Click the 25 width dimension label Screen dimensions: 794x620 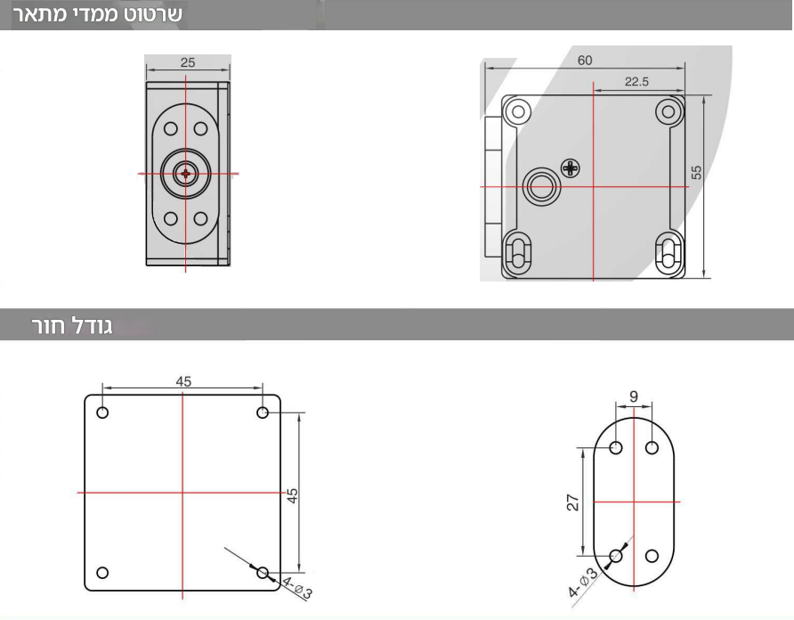(x=187, y=62)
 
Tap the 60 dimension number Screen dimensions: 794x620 (x=585, y=61)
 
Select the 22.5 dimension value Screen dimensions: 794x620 (x=636, y=82)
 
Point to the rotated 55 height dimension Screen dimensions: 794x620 (x=696, y=172)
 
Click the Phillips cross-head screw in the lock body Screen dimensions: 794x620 (x=571, y=167)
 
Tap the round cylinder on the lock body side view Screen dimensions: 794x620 (x=542, y=186)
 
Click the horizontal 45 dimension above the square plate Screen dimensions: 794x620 (x=183, y=381)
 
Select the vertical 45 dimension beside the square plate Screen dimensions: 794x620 (x=292, y=495)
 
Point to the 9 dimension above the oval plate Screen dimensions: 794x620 (x=634, y=396)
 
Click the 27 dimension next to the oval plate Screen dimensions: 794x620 (x=572, y=502)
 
